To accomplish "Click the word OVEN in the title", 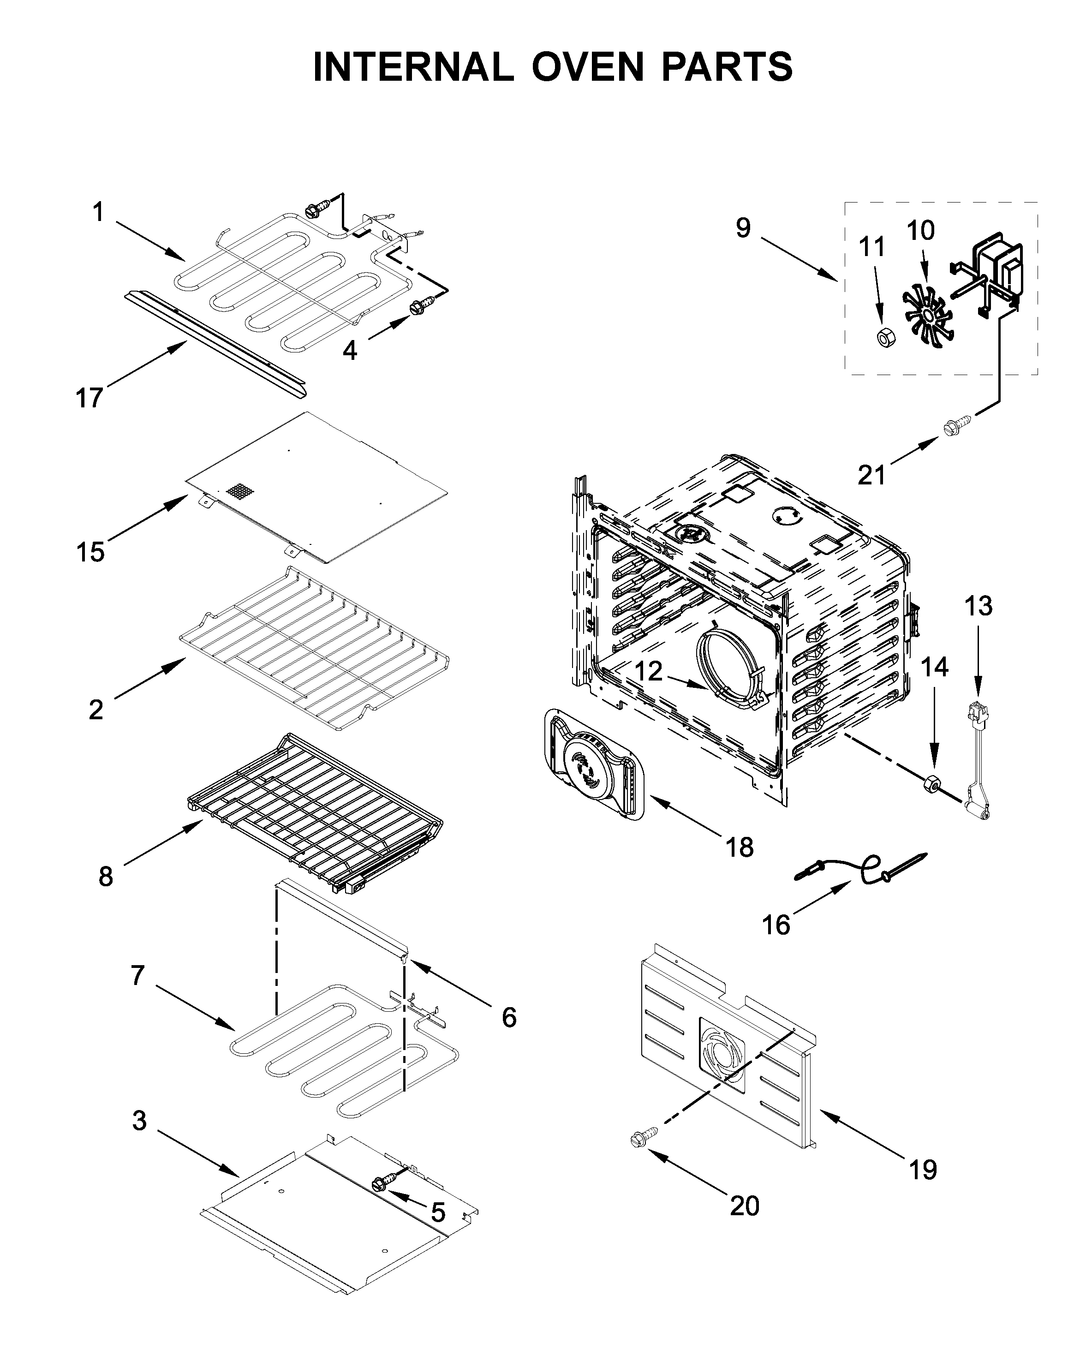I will [587, 66].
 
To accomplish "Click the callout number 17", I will [89, 398].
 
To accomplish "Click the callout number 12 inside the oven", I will [648, 671].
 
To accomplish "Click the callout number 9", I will [743, 228].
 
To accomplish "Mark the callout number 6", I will [508, 1017].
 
